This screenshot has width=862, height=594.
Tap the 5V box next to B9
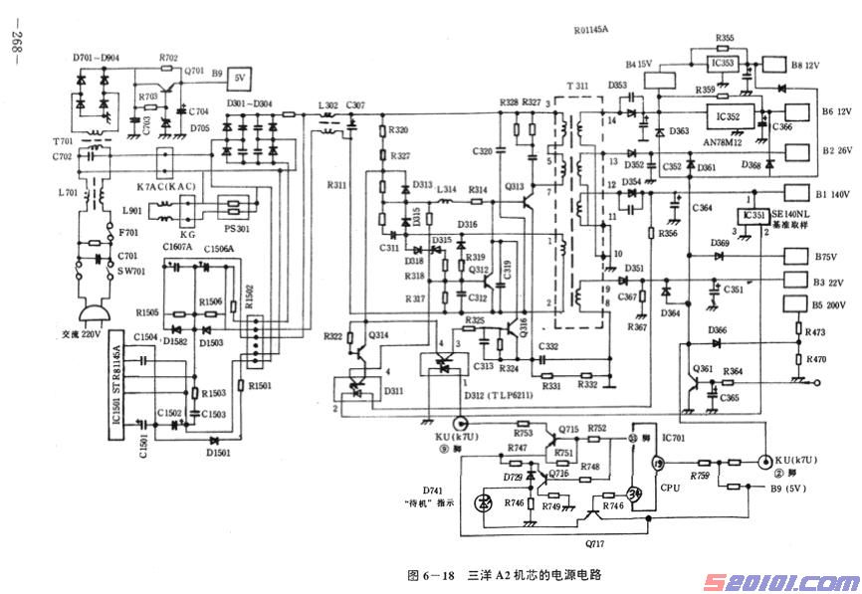click(x=240, y=76)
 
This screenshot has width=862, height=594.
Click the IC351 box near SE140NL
click(x=749, y=216)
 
